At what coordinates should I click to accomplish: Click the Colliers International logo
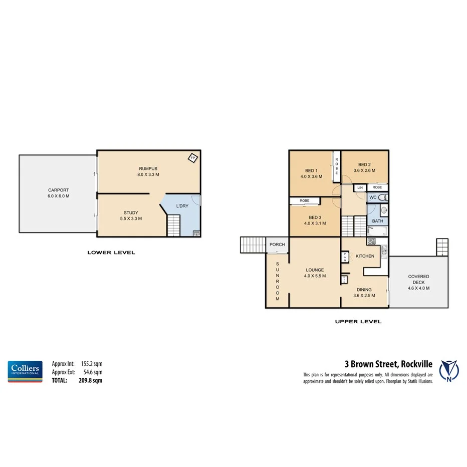pos(24,371)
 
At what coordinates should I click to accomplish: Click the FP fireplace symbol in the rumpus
pos(192,158)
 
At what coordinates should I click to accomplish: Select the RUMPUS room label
pos(148,168)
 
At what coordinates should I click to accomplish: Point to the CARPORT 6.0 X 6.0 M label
pos(58,193)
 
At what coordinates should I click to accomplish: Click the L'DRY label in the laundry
pos(182,206)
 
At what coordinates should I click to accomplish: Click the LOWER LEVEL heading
pos(111,253)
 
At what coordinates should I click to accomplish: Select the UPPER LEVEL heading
pos(358,322)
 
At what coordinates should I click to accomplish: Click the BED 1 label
pos(311,170)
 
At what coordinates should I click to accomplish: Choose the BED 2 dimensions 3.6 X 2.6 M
pos(364,171)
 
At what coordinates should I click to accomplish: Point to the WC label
pos(373,198)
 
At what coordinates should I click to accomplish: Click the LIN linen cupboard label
pos(359,187)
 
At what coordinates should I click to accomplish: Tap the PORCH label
pos(277,245)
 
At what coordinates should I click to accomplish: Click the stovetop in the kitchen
pos(371,242)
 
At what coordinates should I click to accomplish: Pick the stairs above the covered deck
pos(441,247)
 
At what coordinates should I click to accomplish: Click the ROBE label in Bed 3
pos(304,200)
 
